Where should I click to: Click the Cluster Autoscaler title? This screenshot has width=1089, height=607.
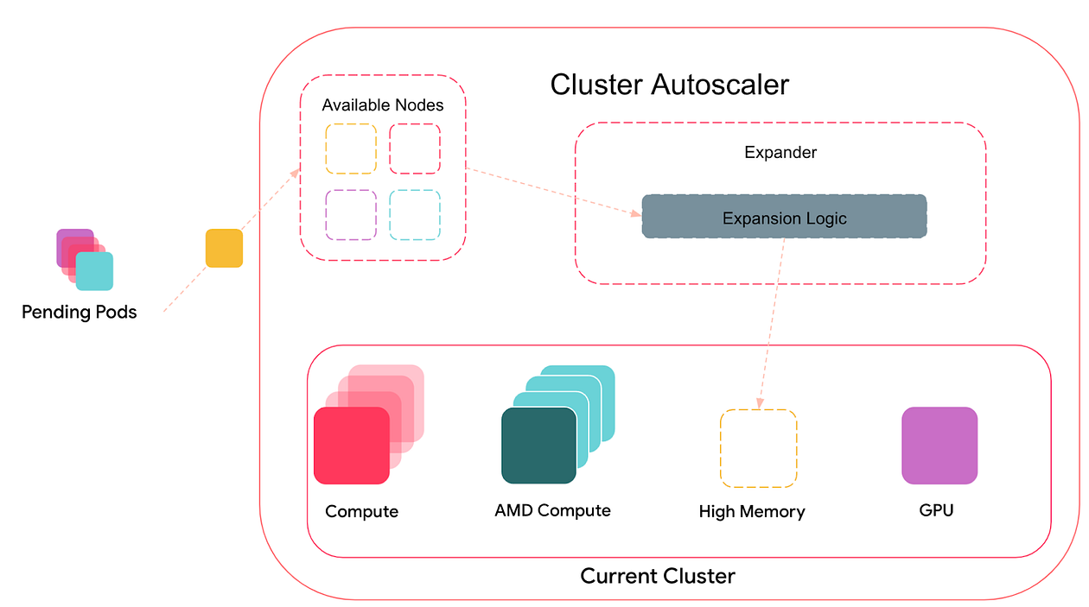[x=669, y=85]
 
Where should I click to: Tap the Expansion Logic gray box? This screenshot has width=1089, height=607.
[x=784, y=217]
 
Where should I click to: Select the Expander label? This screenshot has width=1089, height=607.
[x=780, y=153]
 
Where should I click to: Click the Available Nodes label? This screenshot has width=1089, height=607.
[x=383, y=105]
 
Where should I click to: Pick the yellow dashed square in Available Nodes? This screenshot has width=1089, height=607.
[x=351, y=149]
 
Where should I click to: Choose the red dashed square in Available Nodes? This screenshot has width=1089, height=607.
[x=415, y=149]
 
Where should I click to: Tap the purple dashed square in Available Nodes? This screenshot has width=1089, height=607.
[x=351, y=215]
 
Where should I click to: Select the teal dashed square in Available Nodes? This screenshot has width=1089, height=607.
[x=415, y=215]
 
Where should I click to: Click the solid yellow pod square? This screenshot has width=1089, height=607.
[x=224, y=248]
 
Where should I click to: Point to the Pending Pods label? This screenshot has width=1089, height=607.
[x=80, y=312]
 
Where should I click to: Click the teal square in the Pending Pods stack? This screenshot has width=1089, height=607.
[x=95, y=272]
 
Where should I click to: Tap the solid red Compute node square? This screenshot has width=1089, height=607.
[x=352, y=446]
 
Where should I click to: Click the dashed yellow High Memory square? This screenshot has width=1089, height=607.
[x=759, y=448]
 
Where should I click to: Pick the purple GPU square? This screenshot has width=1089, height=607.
[x=939, y=446]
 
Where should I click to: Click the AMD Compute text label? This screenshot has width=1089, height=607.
[x=552, y=510]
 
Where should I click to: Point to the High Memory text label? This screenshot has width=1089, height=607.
[x=751, y=512]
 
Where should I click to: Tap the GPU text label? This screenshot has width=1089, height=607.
[x=936, y=510]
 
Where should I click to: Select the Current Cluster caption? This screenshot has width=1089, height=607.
[x=658, y=576]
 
